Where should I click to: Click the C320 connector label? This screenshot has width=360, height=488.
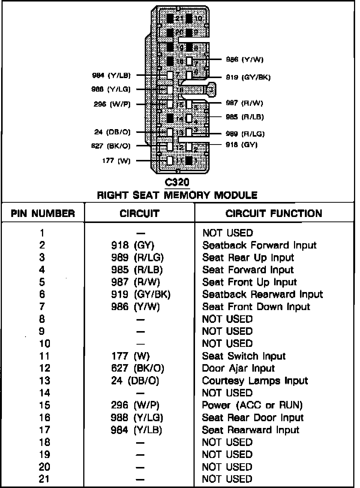tap(177, 182)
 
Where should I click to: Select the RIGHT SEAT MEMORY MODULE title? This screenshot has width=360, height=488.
tap(177, 195)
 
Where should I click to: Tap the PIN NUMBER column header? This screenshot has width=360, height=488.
tap(43, 214)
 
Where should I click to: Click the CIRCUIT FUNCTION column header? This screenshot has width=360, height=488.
tap(274, 214)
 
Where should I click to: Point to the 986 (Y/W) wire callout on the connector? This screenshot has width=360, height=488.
tap(245, 59)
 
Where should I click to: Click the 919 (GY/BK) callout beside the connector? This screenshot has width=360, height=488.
tap(248, 77)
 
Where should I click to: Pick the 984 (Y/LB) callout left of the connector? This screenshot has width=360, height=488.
tap(111, 75)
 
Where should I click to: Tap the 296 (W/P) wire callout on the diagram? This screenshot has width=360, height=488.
tap(112, 104)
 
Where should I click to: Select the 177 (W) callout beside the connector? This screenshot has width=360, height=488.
tap(116, 161)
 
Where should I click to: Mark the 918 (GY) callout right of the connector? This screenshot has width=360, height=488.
tap(241, 145)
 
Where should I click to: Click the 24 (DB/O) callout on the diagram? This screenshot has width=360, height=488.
tap(112, 132)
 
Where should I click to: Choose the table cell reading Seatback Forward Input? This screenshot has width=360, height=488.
tap(259, 245)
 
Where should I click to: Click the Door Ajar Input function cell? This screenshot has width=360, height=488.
tap(238, 368)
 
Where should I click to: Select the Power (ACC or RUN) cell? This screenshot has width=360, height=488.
tap(252, 405)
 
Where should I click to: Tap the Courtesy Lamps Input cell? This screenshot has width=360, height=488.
tap(255, 381)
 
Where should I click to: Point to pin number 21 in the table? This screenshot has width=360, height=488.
tap(44, 479)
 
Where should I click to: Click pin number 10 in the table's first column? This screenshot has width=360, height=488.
tap(44, 343)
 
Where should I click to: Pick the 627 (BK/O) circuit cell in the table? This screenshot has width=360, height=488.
tap(138, 368)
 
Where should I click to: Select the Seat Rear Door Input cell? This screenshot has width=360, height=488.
tap(252, 417)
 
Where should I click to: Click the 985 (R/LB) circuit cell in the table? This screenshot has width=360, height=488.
tap(137, 270)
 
